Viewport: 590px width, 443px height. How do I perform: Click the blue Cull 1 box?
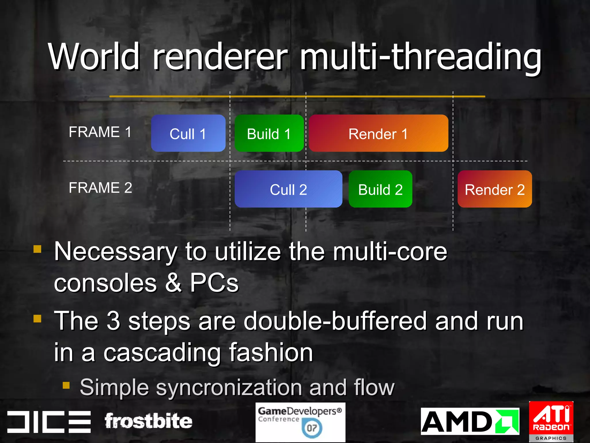click(188, 133)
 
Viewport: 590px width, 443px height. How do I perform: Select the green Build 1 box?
click(269, 133)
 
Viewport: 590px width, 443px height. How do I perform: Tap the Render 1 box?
click(378, 133)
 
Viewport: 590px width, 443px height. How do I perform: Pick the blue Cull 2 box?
click(288, 189)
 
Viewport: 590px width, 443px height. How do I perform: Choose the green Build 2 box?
click(380, 189)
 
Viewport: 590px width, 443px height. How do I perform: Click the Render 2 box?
click(495, 189)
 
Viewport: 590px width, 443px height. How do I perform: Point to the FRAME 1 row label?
click(100, 132)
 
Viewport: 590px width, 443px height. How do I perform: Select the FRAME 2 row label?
click(100, 188)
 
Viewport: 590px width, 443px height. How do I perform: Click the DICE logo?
click(49, 422)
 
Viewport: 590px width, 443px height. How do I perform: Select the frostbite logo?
click(148, 421)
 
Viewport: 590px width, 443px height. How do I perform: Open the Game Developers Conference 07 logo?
click(300, 422)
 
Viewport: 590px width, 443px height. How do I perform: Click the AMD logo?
click(470, 421)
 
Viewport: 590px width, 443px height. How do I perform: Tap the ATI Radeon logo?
click(551, 421)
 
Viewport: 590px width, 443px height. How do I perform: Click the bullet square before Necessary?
click(37, 249)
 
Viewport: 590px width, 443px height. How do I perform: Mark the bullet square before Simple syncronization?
click(66, 385)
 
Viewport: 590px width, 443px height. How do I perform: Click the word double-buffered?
click(335, 321)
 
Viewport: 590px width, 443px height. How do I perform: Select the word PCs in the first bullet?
click(214, 283)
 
